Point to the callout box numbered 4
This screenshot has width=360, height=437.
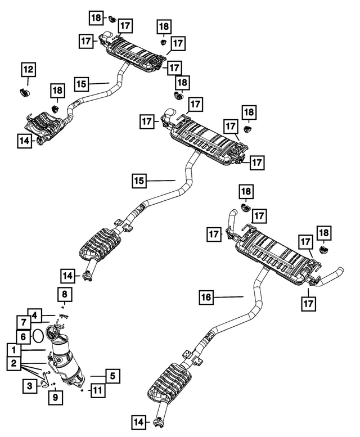35,315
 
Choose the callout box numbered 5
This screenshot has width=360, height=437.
112,376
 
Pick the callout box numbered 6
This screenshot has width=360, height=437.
23,336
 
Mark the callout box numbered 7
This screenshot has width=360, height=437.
23,322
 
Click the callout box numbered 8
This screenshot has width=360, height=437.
65,294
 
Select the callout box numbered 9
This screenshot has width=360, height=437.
56,398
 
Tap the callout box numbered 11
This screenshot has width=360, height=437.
98,389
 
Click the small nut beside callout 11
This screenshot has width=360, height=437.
83,389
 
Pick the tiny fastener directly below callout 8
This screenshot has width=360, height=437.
64,307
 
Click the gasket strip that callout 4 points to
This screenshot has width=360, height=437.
63,317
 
